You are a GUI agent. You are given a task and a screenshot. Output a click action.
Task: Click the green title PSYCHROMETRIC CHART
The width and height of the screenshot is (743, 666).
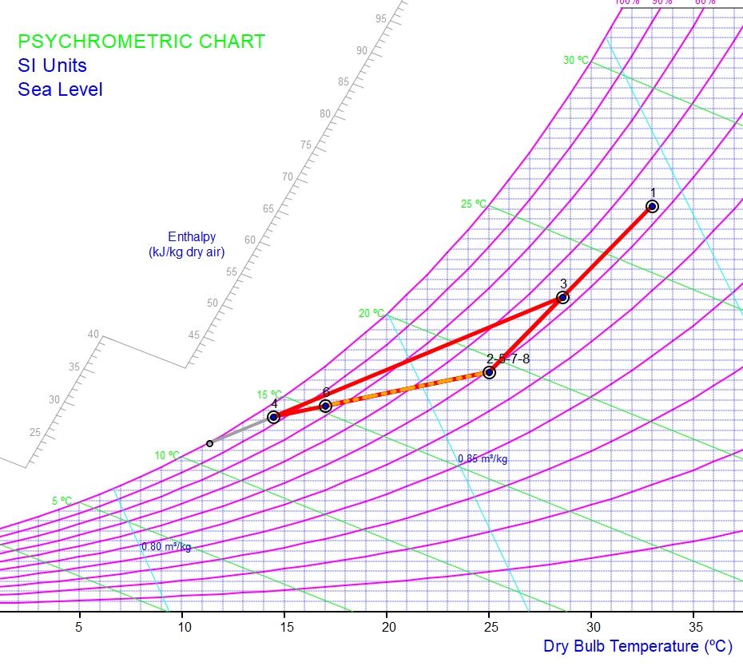(141, 42)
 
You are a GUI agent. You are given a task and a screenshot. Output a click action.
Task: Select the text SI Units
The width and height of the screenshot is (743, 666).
(52, 65)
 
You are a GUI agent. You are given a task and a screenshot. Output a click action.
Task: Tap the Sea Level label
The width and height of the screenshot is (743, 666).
(60, 89)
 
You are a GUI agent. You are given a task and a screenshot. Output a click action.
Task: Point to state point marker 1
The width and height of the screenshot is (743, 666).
(652, 206)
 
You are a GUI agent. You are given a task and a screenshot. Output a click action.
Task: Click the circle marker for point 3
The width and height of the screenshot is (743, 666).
(562, 297)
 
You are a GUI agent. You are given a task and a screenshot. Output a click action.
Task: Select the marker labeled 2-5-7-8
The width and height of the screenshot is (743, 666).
(490, 372)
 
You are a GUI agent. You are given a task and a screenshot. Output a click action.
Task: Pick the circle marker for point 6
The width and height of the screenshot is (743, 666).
(325, 406)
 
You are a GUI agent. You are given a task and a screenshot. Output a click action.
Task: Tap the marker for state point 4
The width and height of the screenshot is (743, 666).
(273, 417)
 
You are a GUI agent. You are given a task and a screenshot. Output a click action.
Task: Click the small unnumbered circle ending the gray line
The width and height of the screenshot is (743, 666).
(210, 443)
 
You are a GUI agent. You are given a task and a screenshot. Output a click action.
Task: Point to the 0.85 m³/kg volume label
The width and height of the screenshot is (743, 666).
(483, 459)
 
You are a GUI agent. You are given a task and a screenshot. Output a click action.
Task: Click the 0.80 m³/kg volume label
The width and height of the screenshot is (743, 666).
(166, 547)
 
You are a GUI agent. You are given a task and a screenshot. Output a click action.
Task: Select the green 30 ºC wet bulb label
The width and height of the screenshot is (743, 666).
(575, 60)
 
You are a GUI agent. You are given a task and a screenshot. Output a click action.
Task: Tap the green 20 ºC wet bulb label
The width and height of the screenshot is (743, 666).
(371, 313)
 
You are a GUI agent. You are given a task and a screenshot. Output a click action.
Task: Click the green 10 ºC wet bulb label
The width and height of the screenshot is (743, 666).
(167, 455)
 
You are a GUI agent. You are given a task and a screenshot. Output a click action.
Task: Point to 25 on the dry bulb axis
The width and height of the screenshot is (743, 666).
(490, 627)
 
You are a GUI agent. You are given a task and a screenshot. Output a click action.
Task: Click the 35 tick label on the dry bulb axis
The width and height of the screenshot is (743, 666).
(695, 627)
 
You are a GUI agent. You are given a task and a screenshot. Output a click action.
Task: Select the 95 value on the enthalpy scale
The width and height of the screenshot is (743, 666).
(380, 18)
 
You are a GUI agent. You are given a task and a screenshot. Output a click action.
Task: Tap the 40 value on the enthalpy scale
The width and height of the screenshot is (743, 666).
(93, 335)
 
